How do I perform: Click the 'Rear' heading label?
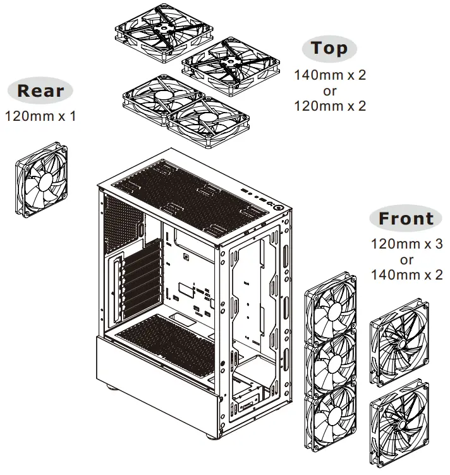coord(40,90)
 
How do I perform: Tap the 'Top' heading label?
coord(329,49)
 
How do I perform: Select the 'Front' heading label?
coord(406,219)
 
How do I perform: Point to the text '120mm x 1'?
coord(40,116)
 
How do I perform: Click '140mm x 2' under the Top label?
coord(330,75)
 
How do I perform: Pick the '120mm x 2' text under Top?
coord(330,106)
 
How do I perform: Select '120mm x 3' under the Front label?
coord(406,244)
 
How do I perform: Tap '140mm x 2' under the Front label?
coord(406,275)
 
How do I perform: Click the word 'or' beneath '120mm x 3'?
coord(406,259)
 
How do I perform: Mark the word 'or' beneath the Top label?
coord(330,90)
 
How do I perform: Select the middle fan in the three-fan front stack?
coord(331,362)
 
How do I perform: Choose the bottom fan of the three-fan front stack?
coord(331,420)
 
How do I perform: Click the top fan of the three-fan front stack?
coord(331,307)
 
